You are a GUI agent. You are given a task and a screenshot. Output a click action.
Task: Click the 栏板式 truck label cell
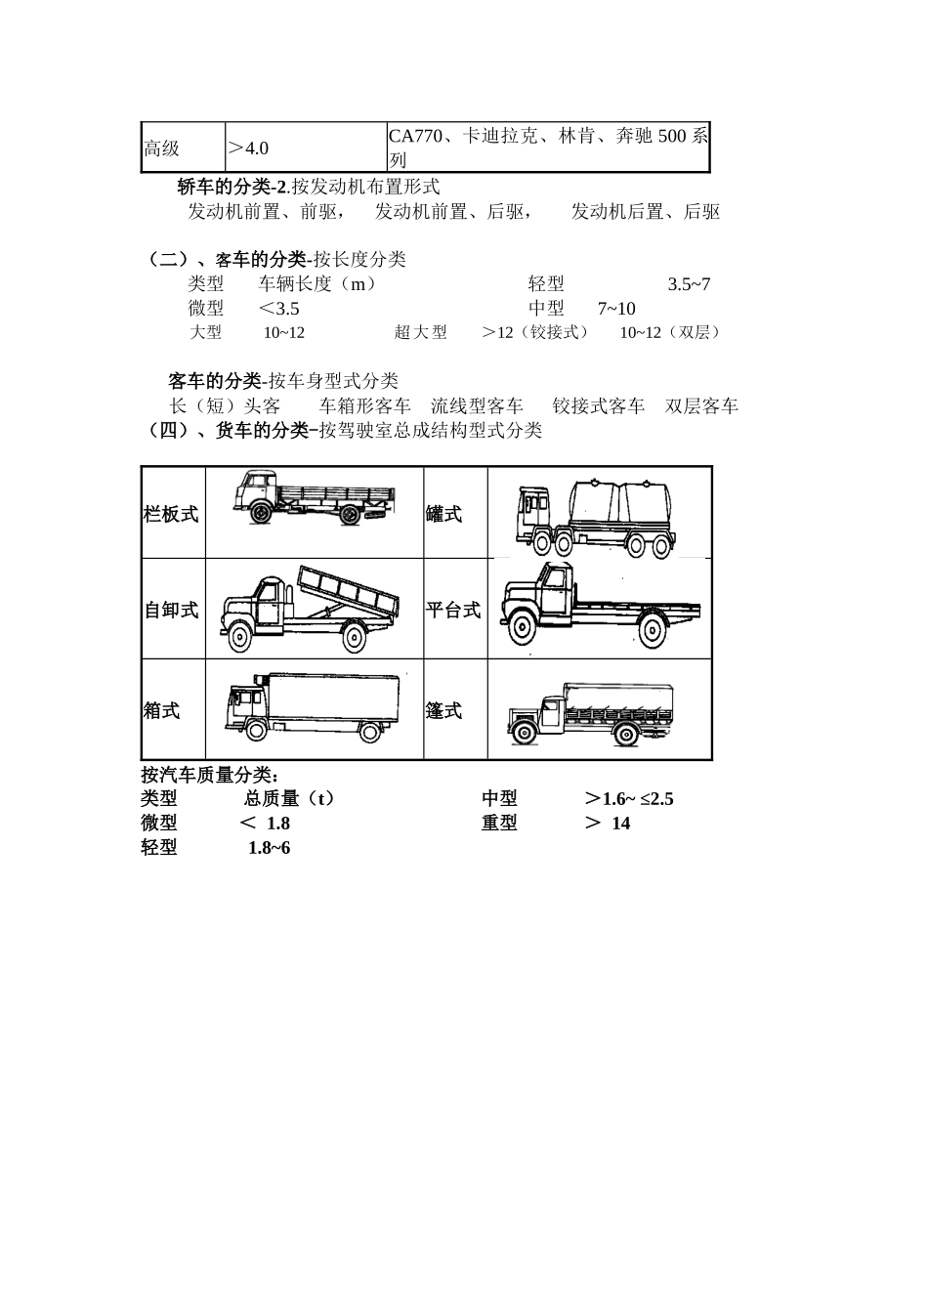(172, 514)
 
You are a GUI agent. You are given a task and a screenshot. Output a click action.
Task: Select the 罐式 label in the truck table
(444, 514)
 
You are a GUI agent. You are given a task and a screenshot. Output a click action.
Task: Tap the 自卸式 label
(172, 611)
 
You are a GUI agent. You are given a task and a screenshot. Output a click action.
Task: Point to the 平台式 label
(453, 611)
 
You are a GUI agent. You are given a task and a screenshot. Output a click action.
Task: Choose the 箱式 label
(162, 710)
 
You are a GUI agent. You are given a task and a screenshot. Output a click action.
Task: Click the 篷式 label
(444, 710)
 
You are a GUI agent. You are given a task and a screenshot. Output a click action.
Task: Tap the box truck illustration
(313, 707)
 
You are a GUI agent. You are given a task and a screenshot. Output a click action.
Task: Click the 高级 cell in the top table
(162, 148)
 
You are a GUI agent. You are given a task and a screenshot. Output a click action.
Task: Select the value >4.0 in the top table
(248, 148)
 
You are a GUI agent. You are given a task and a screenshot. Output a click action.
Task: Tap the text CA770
(414, 137)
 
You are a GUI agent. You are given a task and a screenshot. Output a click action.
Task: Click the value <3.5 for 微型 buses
(279, 309)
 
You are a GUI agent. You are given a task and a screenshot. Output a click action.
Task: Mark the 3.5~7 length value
(689, 284)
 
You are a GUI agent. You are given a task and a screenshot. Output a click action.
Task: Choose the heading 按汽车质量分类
(210, 775)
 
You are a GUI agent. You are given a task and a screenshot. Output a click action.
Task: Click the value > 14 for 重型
(608, 823)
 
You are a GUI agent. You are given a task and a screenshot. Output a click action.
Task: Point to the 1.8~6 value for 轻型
(269, 847)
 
